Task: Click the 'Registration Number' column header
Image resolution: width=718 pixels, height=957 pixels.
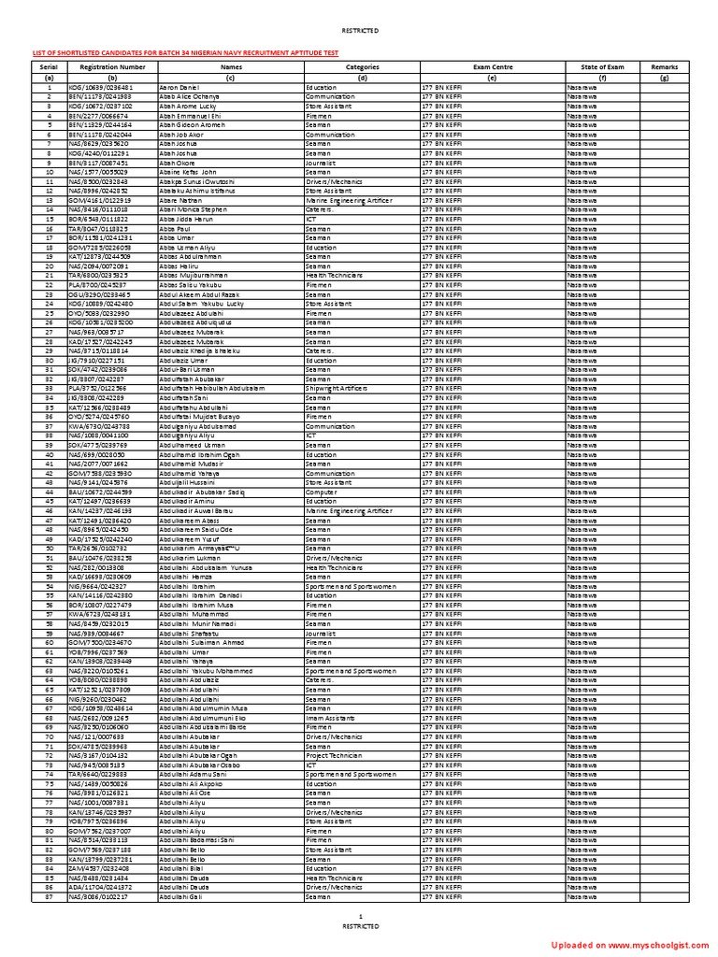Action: (112, 67)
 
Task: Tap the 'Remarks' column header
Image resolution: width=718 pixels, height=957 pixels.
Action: (665, 67)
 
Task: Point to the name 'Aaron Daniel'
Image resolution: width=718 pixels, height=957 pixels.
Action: (179, 87)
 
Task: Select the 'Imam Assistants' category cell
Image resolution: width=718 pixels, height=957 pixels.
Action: (327, 718)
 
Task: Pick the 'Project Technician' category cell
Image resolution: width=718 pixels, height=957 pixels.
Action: (334, 755)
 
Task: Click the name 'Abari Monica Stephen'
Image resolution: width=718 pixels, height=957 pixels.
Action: (193, 210)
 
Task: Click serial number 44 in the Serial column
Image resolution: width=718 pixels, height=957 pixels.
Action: (49, 492)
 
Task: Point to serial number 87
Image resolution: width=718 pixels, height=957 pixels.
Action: (49, 897)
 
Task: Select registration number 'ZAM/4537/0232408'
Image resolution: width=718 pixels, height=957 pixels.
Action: (99, 868)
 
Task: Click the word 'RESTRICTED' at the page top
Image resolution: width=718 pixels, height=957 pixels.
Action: (360, 31)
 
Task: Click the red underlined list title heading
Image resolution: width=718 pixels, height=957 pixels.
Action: (186, 54)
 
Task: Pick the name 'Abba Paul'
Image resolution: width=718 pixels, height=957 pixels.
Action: (175, 228)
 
